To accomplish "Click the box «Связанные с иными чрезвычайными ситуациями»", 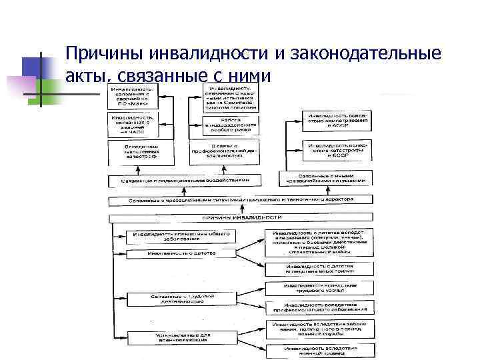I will tap(325, 179).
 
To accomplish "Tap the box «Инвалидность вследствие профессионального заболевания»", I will tap(319, 308).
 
